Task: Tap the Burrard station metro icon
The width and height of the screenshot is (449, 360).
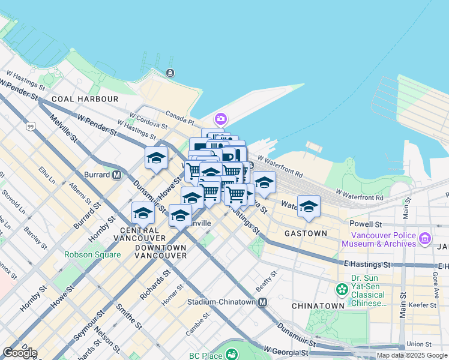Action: (x=117, y=175)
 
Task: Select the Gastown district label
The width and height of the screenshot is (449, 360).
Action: (x=306, y=233)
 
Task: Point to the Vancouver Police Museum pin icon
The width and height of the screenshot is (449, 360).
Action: (x=425, y=239)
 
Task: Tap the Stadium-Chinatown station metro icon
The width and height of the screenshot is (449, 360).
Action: (x=263, y=302)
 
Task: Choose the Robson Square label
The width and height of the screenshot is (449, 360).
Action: (x=92, y=254)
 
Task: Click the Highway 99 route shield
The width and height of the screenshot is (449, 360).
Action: (x=30, y=127)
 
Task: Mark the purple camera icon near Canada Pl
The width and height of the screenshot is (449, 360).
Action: (x=221, y=119)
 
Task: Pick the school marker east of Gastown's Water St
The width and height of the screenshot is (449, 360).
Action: (x=309, y=207)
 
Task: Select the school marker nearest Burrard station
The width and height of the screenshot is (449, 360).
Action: (x=156, y=158)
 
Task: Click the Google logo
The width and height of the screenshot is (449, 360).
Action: (x=20, y=353)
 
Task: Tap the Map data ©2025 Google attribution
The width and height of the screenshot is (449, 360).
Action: (x=412, y=355)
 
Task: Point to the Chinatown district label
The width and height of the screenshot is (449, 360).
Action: (x=318, y=306)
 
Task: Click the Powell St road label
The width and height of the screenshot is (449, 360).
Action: (x=366, y=223)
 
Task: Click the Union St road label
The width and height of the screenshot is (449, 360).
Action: (x=419, y=344)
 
